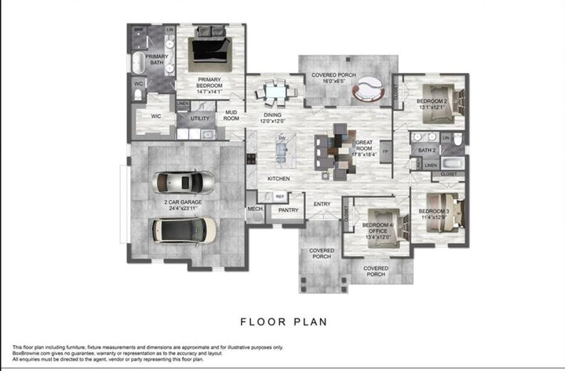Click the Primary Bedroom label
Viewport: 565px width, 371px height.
coord(209,82)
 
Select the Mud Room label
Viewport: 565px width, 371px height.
coord(231,115)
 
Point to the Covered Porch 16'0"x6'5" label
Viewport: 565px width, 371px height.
coord(334,78)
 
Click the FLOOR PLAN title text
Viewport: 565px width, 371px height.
coord(282,321)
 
